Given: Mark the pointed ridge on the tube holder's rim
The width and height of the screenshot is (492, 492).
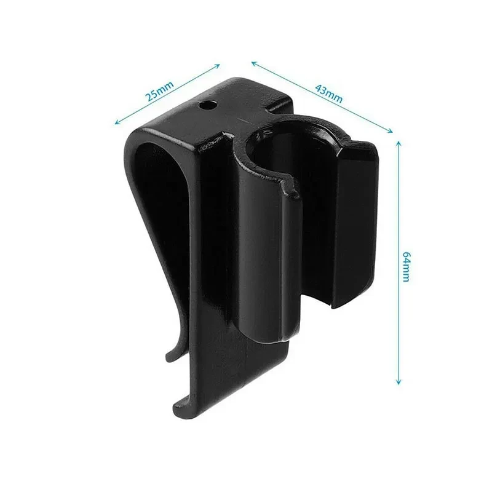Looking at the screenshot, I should pos(289,184).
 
